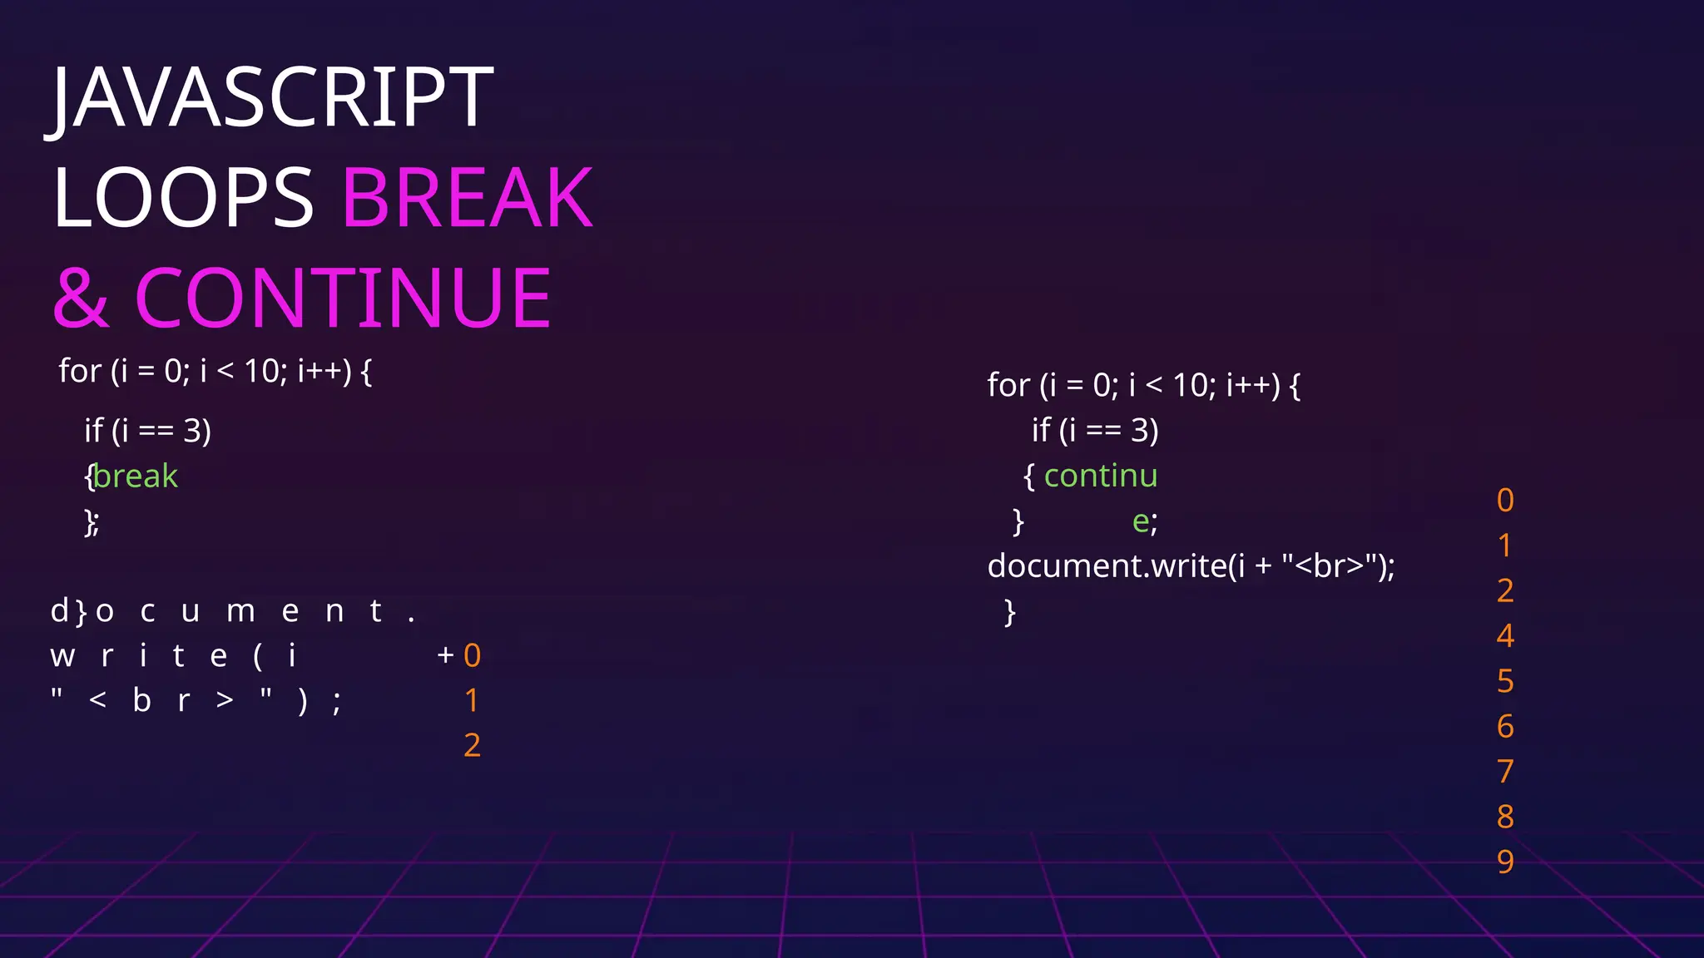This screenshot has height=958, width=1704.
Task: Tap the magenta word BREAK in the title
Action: [x=468, y=198]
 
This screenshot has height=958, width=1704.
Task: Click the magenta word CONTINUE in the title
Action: [x=343, y=298]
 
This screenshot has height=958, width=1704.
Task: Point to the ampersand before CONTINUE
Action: [x=81, y=298]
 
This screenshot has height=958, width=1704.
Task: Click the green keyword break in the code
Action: [x=136, y=477]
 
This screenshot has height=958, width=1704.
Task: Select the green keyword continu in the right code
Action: [x=1100, y=476]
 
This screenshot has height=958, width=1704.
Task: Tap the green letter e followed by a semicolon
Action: [x=1140, y=521]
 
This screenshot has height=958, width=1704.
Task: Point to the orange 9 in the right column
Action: [x=1505, y=862]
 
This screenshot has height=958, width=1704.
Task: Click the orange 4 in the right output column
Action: [x=1505, y=636]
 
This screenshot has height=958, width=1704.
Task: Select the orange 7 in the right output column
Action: [x=1505, y=772]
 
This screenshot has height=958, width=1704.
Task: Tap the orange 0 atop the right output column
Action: [x=1505, y=501]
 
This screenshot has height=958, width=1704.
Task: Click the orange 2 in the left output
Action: [x=472, y=745]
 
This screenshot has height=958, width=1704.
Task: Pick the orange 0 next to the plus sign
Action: [x=472, y=656]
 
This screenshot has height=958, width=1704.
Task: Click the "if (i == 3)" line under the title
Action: [x=147, y=431]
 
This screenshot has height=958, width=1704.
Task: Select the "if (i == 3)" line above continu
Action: [x=1095, y=431]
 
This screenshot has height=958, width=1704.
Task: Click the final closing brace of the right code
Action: [x=1010, y=612]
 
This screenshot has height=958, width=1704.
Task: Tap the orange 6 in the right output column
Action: [x=1505, y=727]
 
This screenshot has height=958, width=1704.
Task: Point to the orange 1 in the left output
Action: [x=472, y=701]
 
